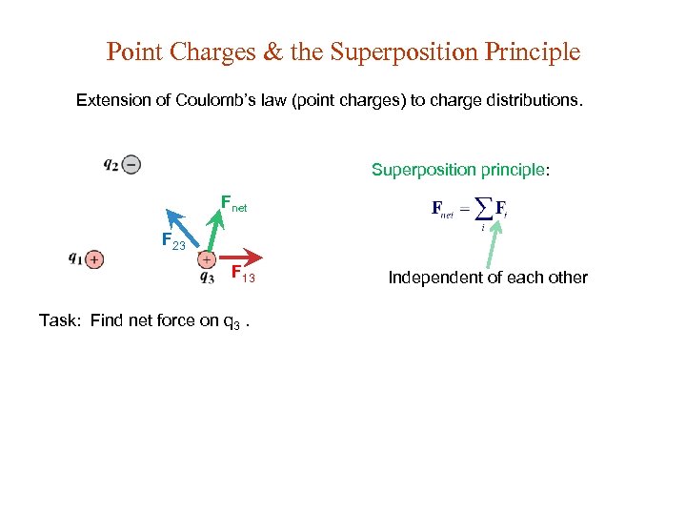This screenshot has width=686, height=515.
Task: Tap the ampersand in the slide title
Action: pos(272,51)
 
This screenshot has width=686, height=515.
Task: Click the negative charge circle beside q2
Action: pos(131,165)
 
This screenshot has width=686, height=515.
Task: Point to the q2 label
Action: pos(111,165)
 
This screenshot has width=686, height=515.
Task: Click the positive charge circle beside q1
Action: pos(94,258)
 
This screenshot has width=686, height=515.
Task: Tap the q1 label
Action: pos(75,258)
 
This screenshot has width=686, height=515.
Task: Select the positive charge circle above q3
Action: pos(207,258)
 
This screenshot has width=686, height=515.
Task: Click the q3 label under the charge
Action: pos(207,278)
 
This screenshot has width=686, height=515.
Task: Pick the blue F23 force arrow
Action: pos(183,229)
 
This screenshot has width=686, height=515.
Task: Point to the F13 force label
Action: pos(243,275)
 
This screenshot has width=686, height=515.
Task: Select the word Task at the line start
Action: pos(60,320)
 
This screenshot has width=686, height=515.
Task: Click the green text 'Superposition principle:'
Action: pos(460,170)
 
